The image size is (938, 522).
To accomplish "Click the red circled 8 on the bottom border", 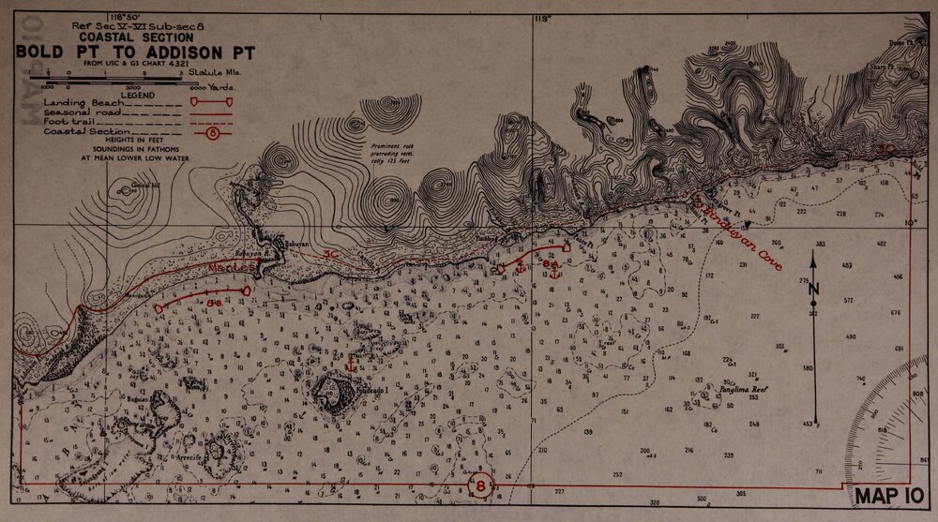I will point(480,485).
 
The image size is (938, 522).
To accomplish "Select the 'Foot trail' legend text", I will point(68,122).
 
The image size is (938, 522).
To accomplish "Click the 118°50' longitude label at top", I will point(124,18).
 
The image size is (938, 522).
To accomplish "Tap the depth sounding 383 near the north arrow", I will point(821,244).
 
